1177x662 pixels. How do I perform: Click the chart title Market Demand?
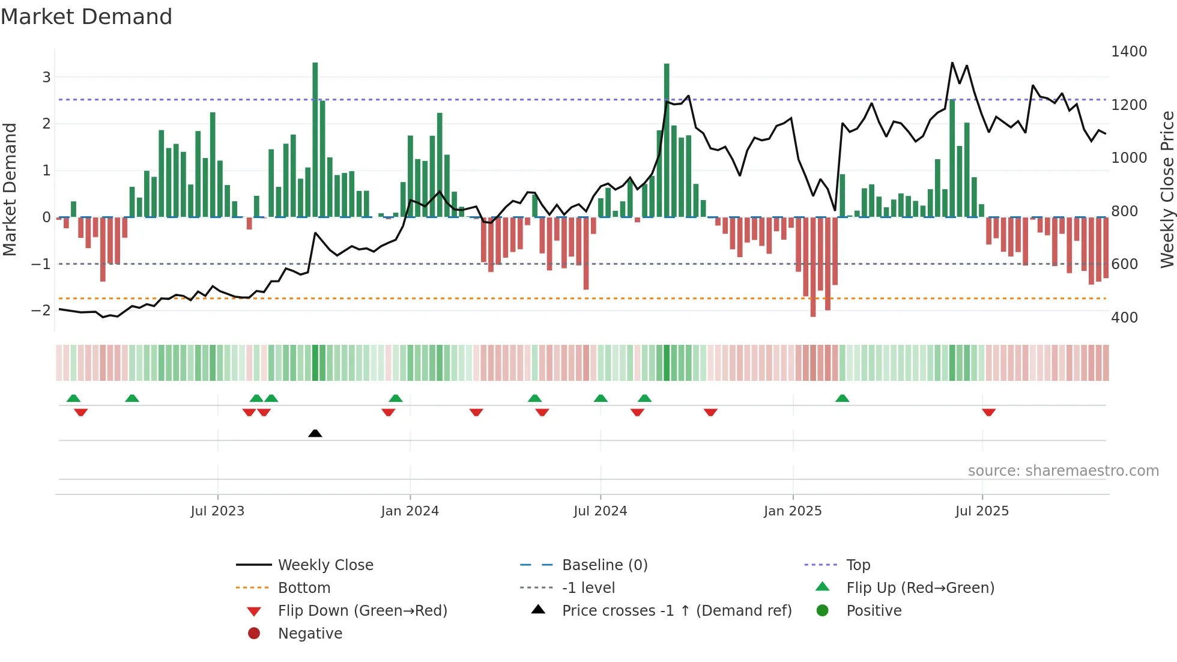tap(86, 17)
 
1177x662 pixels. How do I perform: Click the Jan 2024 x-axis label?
tap(410, 511)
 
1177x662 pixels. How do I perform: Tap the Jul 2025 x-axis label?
tap(982, 511)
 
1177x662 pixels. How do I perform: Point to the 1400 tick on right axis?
tap(1128, 52)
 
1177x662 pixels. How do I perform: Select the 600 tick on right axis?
tap(1124, 264)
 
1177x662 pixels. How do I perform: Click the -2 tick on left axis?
tap(41, 310)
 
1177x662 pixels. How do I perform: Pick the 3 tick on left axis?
tap(46, 77)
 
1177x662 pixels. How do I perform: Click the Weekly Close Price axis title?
tap(1167, 189)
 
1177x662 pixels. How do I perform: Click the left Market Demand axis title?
tap(10, 189)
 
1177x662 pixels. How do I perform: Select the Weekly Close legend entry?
tap(325, 565)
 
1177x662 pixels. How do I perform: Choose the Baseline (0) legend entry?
tap(604, 565)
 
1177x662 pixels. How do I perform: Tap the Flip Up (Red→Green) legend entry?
tap(919, 588)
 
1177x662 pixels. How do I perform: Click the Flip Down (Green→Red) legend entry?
tap(362, 610)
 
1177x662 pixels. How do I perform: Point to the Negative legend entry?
tap(310, 633)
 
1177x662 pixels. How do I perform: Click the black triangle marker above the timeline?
tap(315, 433)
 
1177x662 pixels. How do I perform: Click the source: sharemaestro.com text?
tap(1063, 470)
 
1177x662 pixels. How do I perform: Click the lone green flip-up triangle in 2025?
tap(842, 398)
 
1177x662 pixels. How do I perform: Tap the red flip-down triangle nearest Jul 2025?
tap(988, 412)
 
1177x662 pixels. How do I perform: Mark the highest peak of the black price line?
tap(952, 62)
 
